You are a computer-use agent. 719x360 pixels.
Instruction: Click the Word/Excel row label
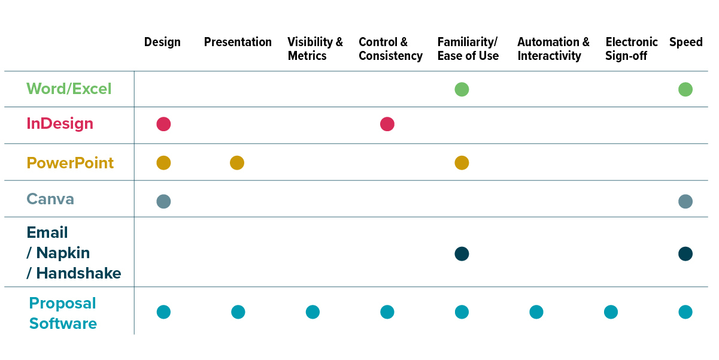pos(69,89)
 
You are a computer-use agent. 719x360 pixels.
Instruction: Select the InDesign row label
pos(60,124)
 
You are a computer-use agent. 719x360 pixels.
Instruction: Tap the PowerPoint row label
pos(70,163)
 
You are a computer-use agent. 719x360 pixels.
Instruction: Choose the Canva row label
pos(50,199)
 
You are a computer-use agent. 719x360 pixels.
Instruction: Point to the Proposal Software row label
pos(63,313)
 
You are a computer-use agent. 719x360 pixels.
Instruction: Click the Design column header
pos(162,43)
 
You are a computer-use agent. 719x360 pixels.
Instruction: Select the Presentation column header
pos(238,43)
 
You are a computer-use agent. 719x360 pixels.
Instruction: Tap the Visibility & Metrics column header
pos(315,49)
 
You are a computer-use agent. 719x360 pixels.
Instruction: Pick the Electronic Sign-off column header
pos(631,49)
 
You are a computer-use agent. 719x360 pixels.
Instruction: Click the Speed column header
pos(685,43)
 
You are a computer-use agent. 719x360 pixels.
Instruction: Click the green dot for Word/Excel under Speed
pos(685,89)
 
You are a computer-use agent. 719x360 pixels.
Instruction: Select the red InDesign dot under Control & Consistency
pos(387,124)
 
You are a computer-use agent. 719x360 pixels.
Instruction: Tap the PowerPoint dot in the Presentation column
pos(237,162)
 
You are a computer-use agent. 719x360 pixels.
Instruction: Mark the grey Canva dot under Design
pos(163,201)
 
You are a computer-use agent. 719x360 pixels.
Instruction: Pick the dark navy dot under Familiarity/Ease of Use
pos(462,254)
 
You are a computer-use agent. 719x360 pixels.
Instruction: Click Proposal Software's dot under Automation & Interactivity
pos(536,312)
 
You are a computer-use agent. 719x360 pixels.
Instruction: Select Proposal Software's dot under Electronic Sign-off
pos(611,312)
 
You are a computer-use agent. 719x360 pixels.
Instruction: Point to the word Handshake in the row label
pos(78,274)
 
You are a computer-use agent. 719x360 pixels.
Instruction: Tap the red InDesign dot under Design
pos(163,124)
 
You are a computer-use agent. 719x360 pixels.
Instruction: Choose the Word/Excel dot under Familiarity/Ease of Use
pos(462,89)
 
